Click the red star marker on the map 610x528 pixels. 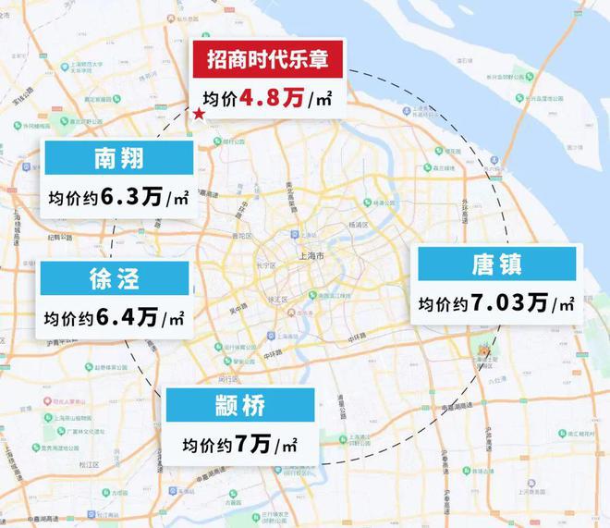coord(198,114)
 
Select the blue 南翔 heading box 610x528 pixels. coord(118,157)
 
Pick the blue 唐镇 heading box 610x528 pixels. coord(499,264)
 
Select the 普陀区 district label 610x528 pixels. coord(243,237)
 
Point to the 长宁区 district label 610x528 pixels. coord(266,265)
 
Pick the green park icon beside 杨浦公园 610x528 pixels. coord(368,203)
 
